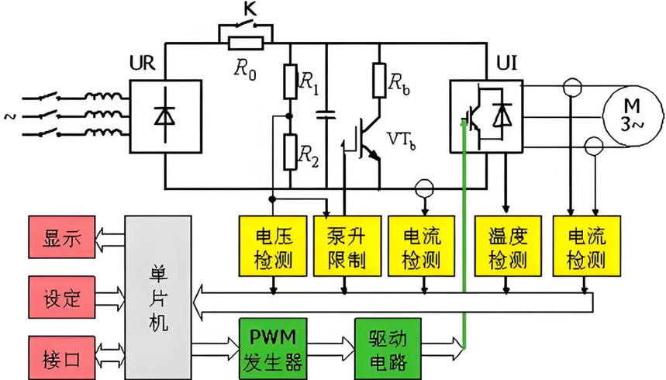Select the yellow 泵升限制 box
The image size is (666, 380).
(346, 246)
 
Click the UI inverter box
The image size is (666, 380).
(485, 113)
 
